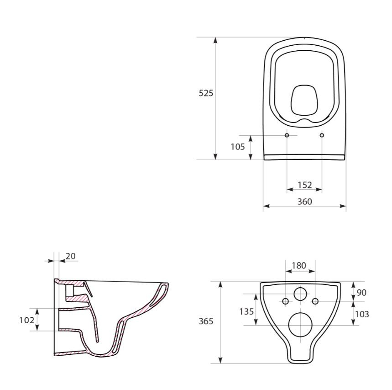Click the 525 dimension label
click(206, 93)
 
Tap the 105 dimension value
click(237, 147)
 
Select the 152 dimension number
click(304, 185)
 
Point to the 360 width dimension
click(304, 201)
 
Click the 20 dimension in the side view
click(71, 256)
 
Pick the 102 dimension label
click(26, 320)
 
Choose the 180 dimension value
click(299, 266)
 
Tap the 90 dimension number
click(361, 293)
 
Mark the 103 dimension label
click(361, 314)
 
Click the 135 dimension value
click(246, 311)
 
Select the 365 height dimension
click(206, 321)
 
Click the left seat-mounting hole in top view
click(287, 135)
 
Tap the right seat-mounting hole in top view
click(322, 135)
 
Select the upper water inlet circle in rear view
click(300, 294)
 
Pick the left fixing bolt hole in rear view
click(285, 301)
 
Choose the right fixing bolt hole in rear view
click(315, 301)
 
